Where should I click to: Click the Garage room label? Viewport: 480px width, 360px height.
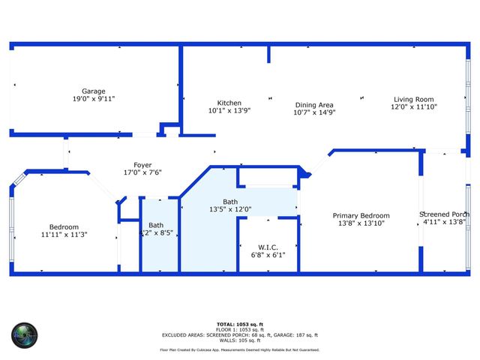click(x=94, y=91)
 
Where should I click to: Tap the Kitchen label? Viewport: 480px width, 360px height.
click(x=229, y=103)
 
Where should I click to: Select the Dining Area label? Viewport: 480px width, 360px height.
click(x=313, y=105)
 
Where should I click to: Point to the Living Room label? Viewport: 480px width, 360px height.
click(x=413, y=100)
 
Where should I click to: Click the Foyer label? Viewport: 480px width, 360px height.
click(x=142, y=165)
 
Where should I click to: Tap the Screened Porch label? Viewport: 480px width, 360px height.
click(x=445, y=214)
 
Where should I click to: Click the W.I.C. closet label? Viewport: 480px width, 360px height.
click(x=268, y=246)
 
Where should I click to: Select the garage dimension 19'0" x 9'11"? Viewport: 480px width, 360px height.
click(x=94, y=98)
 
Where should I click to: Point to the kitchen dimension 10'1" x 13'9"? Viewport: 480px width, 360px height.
click(x=229, y=110)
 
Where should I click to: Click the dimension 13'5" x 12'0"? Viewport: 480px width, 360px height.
click(x=230, y=209)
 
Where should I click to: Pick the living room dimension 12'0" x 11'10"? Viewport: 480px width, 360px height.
click(x=413, y=107)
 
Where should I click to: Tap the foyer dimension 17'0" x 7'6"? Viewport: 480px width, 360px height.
click(x=142, y=172)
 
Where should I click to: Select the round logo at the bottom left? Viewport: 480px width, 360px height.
click(x=24, y=335)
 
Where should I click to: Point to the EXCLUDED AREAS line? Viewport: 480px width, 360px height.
click(x=239, y=335)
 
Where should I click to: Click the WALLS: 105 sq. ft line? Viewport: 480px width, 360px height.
click(x=239, y=340)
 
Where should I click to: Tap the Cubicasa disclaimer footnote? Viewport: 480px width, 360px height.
click(x=239, y=349)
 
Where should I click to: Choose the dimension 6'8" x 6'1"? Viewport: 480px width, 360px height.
click(x=268, y=254)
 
